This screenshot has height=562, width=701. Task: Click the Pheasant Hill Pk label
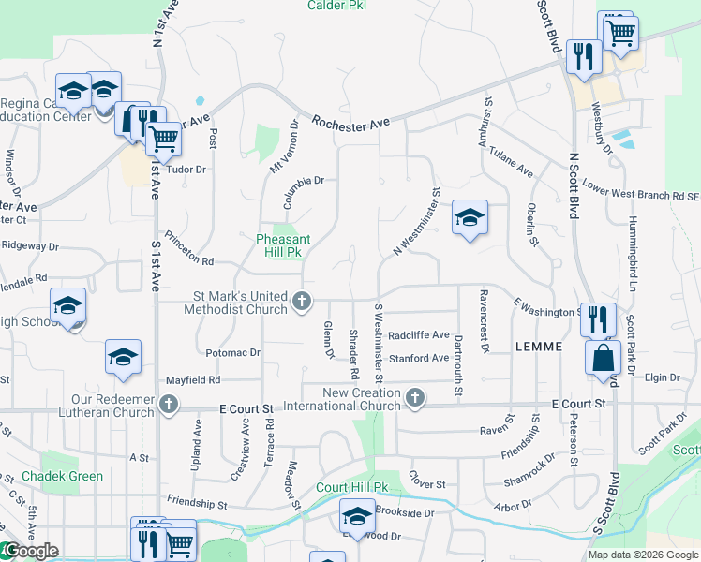pos(279,245)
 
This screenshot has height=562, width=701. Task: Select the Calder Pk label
pos(336,5)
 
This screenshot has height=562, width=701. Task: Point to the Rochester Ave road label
pos(350,123)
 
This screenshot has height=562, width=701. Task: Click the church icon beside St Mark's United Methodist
pos(302,302)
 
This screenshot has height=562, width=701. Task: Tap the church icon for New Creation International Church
pos(414,400)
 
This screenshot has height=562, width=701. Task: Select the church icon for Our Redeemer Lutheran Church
pos(168,406)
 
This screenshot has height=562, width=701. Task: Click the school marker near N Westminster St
pos(470,218)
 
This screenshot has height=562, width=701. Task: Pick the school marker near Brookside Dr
pos(357,516)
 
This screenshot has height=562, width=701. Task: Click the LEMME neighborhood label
pos(539,347)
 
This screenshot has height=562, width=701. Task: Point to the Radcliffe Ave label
pos(419,334)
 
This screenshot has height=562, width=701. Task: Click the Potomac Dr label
pos(231,352)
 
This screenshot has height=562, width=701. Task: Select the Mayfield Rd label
pos(192,380)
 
